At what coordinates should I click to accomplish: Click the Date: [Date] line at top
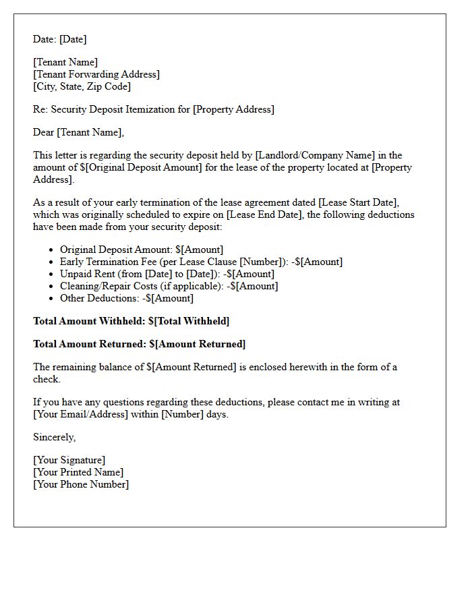(x=60, y=39)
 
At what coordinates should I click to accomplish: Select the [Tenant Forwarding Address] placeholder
(x=96, y=74)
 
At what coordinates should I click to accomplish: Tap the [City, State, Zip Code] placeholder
(x=82, y=86)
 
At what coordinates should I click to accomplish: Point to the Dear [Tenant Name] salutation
(x=79, y=132)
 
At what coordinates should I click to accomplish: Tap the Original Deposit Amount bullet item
(x=142, y=250)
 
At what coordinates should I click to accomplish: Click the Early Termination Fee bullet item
(x=201, y=262)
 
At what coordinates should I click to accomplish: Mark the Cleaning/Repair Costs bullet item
(x=169, y=286)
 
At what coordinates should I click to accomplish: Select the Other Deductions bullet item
(x=127, y=298)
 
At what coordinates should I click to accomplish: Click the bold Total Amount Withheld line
(x=131, y=321)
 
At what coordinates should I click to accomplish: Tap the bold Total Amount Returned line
(x=140, y=344)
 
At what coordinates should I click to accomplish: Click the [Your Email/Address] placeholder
(x=80, y=414)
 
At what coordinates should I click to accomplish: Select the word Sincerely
(x=54, y=437)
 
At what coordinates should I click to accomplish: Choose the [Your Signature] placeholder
(x=69, y=460)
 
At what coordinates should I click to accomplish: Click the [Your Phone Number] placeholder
(x=81, y=484)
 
